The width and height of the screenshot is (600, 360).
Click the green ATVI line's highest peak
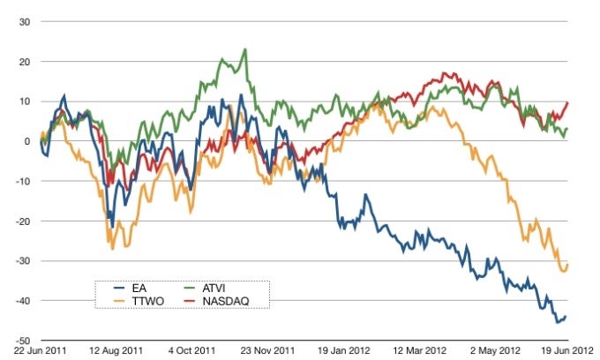click(244, 49)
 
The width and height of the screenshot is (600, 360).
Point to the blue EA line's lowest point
click(558, 322)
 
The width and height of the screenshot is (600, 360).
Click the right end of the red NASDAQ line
click(566, 102)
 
